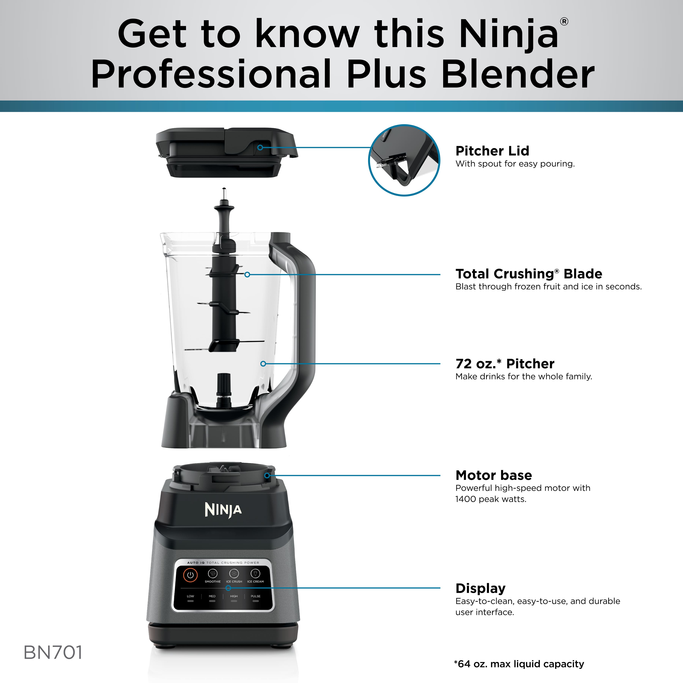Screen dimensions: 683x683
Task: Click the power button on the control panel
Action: (190, 574)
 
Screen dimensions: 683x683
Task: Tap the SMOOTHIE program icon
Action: (212, 573)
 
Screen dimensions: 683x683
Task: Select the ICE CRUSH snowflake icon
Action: (234, 573)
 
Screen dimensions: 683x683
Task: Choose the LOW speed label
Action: (190, 596)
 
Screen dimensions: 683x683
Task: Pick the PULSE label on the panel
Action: (256, 596)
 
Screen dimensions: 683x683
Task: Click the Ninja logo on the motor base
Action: (223, 510)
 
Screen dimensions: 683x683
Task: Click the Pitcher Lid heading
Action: (492, 151)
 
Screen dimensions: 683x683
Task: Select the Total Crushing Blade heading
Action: (529, 274)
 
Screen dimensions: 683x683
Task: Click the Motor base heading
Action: (493, 475)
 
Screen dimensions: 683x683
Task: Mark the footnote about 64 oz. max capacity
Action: (519, 664)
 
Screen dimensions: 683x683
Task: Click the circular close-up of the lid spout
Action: (404, 160)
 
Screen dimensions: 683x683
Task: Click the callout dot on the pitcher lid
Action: (260, 147)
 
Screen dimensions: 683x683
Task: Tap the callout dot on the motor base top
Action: (267, 475)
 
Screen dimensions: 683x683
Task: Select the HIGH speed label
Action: (234, 596)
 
